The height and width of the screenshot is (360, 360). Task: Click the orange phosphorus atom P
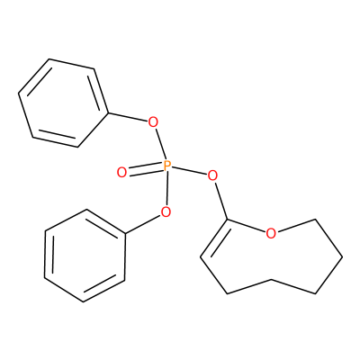(x=166, y=166)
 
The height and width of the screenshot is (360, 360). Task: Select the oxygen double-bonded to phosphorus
(x=121, y=173)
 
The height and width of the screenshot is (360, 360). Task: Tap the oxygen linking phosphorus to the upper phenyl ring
(x=153, y=122)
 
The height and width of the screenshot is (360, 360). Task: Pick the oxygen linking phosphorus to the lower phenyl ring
(x=166, y=211)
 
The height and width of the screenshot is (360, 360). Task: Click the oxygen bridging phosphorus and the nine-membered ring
(x=212, y=175)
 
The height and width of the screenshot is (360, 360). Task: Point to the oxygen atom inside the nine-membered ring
(x=271, y=233)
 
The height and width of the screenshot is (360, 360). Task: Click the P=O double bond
(x=145, y=169)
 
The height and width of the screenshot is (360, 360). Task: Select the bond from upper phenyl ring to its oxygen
(x=128, y=118)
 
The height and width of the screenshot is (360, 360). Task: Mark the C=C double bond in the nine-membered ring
(x=213, y=238)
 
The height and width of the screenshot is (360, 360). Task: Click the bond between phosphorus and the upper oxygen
(x=160, y=144)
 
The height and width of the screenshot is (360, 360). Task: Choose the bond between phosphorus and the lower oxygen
(x=166, y=188)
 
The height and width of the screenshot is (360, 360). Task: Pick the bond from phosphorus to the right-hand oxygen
(x=189, y=170)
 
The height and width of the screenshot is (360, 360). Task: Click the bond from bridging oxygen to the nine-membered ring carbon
(x=221, y=200)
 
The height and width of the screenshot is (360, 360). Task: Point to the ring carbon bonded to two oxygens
(x=228, y=220)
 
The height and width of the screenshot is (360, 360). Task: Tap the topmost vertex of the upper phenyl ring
(x=49, y=58)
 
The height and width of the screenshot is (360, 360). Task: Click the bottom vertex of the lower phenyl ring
(x=83, y=301)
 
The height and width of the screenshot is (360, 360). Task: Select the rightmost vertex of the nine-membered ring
(x=342, y=257)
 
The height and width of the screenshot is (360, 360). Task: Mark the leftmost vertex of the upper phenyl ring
(x=19, y=92)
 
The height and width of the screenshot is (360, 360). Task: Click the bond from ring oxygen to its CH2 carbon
(x=295, y=226)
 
